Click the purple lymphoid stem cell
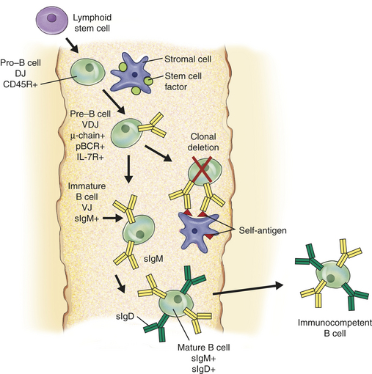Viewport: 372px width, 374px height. tap(52, 20)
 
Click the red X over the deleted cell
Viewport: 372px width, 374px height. tap(202, 169)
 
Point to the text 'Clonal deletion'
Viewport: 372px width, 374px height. tap(203, 142)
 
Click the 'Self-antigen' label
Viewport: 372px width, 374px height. tap(263, 230)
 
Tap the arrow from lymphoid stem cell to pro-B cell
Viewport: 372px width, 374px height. tap(73, 45)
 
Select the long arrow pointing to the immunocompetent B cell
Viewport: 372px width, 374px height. tap(248, 289)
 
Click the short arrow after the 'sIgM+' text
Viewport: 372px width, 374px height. tap(113, 219)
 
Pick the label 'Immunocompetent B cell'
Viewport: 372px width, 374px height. tap(335, 328)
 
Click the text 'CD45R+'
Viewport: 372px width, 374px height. tap(21, 84)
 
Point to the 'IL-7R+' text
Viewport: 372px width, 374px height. tap(90, 157)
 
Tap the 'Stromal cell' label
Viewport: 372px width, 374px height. tap(188, 59)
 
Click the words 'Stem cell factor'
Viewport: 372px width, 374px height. tap(183, 81)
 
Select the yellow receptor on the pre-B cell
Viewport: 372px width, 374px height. tap(153, 125)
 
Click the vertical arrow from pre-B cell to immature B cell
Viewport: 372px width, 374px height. tap(128, 169)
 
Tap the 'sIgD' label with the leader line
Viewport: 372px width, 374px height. tap(125, 317)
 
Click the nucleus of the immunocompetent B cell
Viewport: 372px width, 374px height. tap(331, 278)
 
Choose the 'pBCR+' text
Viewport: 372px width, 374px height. tap(90, 146)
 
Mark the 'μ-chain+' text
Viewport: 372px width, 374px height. tap(88, 135)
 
